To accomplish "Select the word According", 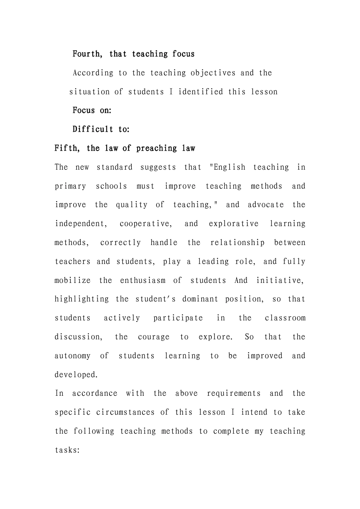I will point(93,73).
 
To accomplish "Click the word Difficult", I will point(92,130).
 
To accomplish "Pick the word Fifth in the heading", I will point(67,148).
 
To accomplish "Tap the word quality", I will point(131,205).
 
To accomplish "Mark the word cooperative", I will point(145,224).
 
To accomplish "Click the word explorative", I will point(233,224).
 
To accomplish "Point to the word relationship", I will point(237,243).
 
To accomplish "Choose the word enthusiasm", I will point(142,281).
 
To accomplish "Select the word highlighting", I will point(81,299).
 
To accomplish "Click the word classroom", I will point(285,318).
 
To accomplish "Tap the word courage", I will point(153,337).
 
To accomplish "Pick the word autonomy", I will point(72,356).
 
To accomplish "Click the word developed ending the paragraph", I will point(76,375).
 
